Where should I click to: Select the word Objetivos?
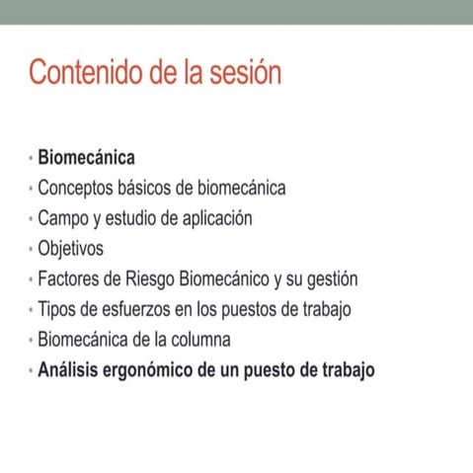[x=70, y=249]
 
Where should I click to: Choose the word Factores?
[x=70, y=279]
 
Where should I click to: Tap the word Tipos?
[x=57, y=310]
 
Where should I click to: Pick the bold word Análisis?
[x=70, y=371]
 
